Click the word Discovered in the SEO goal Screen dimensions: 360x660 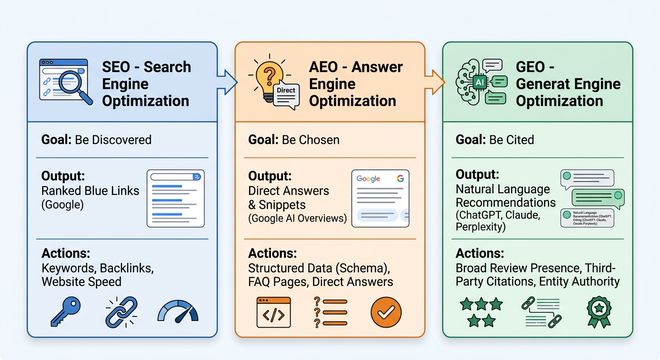(x=123, y=140)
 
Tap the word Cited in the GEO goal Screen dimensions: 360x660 (x=517, y=140)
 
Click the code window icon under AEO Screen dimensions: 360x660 (x=273, y=312)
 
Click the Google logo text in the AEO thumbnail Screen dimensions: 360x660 (x=368, y=179)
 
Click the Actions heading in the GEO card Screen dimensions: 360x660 (x=480, y=254)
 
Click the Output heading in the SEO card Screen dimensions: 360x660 (x=63, y=176)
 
